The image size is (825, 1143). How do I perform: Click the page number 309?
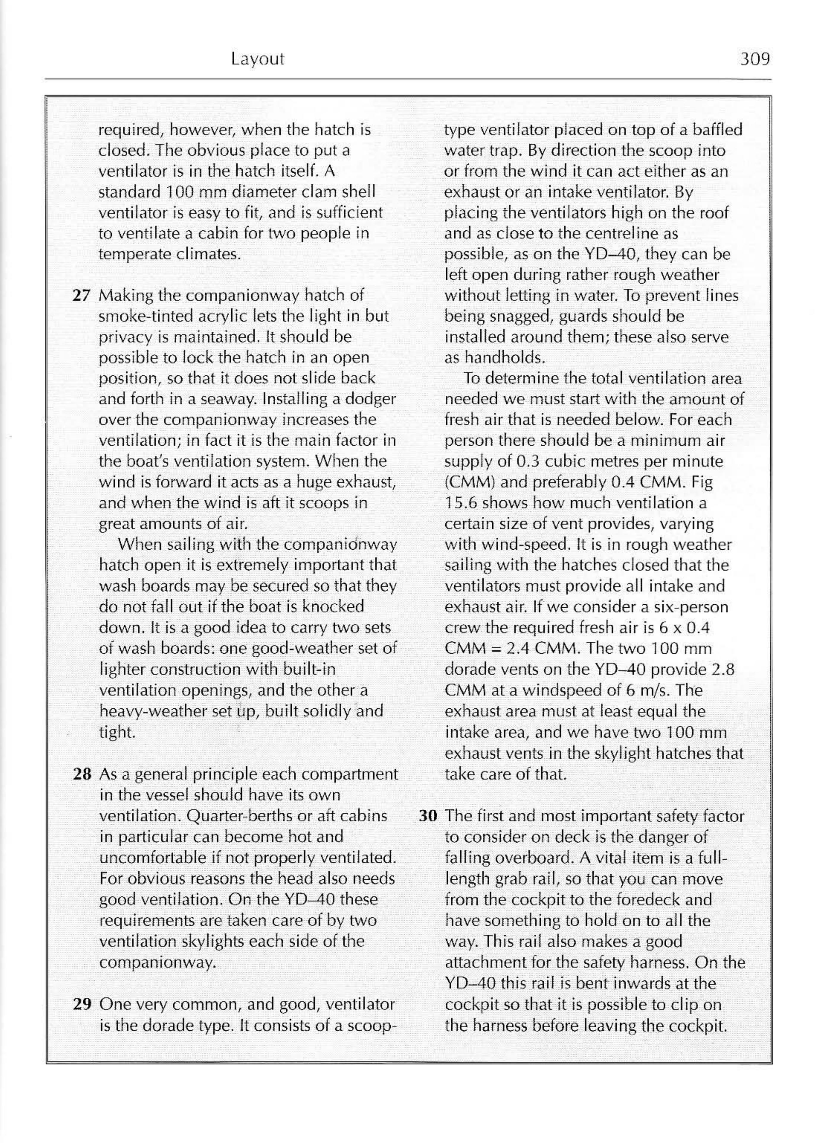click(x=755, y=59)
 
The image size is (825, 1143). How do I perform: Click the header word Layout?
click(x=257, y=59)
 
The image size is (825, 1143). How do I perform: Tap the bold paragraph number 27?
click(x=81, y=295)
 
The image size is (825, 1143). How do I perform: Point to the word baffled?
click(x=717, y=130)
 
